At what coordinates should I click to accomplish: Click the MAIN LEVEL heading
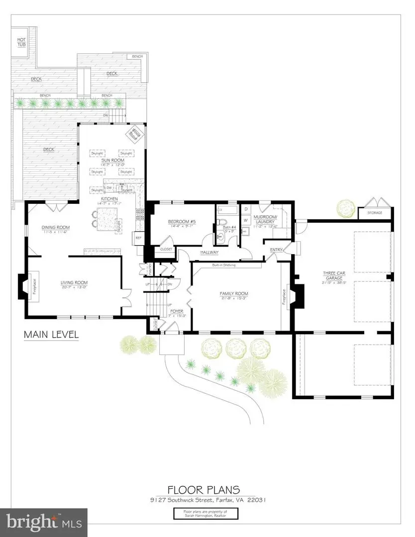coord(51,335)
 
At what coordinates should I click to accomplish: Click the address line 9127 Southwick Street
coord(207,500)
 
